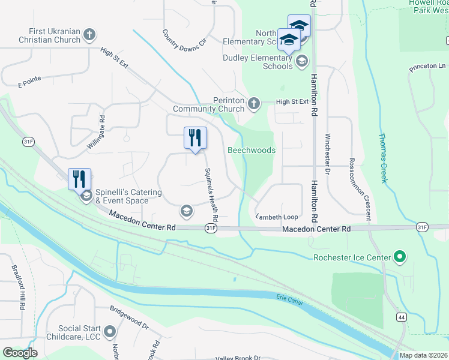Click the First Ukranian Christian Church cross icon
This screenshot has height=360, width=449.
coord(89,34)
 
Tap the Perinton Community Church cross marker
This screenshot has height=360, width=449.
coord(254,104)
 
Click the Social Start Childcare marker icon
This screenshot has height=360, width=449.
coord(110,331)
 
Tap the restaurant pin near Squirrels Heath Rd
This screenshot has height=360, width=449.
coord(195,137)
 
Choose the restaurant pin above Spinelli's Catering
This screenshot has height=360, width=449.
coord(79,178)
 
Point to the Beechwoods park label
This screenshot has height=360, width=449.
coord(252,150)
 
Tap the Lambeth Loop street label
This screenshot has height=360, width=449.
coord(277,217)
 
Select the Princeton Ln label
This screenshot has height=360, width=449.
coord(428,67)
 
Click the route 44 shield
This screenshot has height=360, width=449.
coord(400,316)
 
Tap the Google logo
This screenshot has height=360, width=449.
coord(20,353)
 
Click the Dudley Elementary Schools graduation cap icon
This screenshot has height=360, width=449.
coord(302,61)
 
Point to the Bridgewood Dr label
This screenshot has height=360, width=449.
coord(129,318)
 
